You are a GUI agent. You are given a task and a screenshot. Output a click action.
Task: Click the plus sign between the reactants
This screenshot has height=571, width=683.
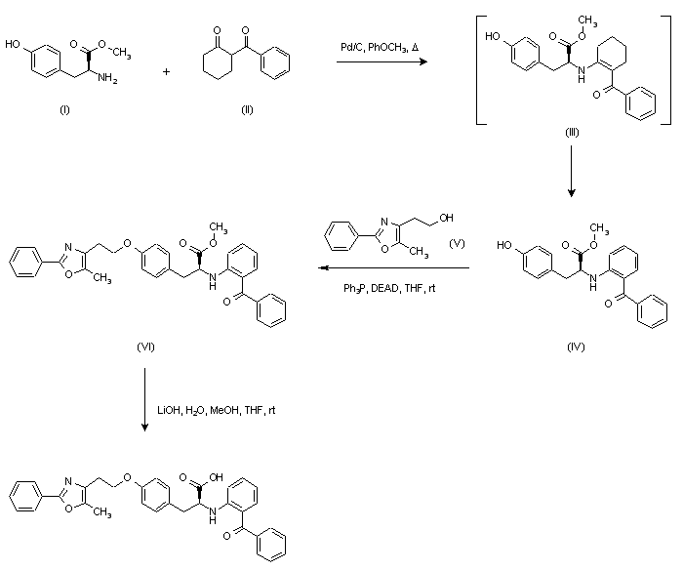[x=181, y=71]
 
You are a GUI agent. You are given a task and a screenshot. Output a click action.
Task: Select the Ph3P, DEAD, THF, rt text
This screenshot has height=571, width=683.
[x=383, y=287]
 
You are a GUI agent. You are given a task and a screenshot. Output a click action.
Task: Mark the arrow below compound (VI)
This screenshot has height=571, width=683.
[x=145, y=400]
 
